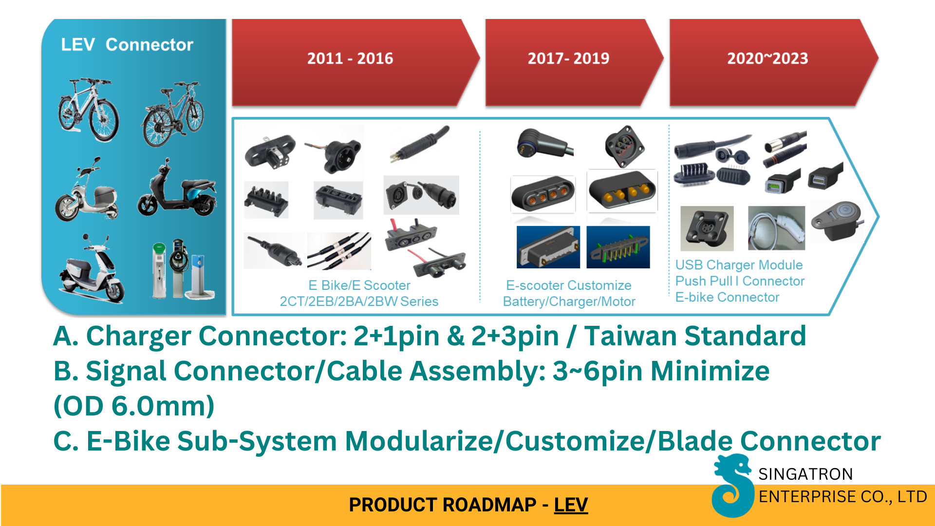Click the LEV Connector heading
127,44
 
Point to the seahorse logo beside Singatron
732,485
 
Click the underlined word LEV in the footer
571,505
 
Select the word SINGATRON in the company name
805,474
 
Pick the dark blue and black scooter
177,188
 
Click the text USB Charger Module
739,265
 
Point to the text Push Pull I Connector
740,281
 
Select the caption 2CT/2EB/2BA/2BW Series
359,301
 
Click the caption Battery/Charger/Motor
569,301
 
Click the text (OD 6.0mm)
134,406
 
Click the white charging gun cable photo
777,228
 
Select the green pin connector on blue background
618,247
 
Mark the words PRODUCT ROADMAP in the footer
443,505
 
